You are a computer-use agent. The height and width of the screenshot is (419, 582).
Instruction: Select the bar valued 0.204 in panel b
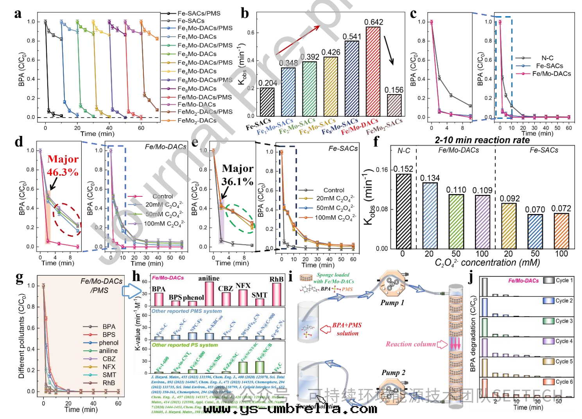click(x=267, y=102)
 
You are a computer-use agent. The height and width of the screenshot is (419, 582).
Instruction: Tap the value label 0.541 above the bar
click(x=352, y=37)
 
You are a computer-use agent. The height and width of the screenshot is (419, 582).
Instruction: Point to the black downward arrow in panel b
click(x=389, y=50)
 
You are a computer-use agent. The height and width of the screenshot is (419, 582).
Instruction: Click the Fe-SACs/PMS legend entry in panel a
click(x=199, y=13)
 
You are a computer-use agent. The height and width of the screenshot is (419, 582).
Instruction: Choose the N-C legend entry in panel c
click(x=547, y=58)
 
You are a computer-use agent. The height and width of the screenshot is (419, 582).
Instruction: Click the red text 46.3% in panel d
click(x=63, y=172)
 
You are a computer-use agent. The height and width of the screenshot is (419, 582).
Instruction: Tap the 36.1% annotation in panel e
click(x=237, y=182)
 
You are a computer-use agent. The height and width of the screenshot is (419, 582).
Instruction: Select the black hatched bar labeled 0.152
click(x=403, y=211)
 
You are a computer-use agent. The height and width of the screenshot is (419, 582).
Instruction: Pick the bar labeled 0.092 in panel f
click(x=509, y=226)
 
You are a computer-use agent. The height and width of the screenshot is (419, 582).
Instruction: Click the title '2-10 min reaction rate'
click(x=482, y=140)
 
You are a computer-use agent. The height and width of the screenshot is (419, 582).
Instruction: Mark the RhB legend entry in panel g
click(x=109, y=383)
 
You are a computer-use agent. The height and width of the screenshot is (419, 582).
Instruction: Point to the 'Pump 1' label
click(x=392, y=303)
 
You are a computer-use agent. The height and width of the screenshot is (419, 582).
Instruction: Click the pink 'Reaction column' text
click(x=410, y=344)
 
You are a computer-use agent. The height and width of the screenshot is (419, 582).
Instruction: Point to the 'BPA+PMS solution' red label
click(x=347, y=329)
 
